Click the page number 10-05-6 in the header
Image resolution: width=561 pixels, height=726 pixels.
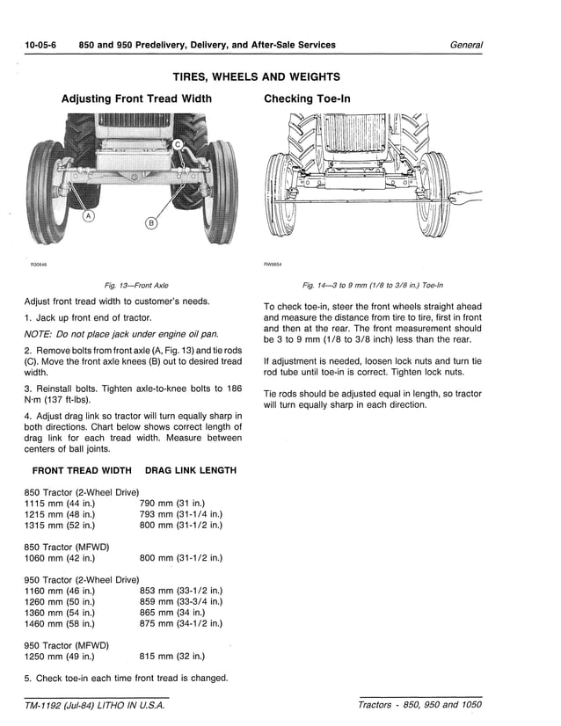click(x=40, y=45)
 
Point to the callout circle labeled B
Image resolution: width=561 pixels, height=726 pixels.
click(x=150, y=223)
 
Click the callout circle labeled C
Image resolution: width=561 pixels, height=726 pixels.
click(x=176, y=143)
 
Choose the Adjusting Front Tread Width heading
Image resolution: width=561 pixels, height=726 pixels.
click(x=136, y=98)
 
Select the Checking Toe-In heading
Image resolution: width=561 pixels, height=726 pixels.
click(x=307, y=98)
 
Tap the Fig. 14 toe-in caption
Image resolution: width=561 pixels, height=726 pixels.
click(x=373, y=285)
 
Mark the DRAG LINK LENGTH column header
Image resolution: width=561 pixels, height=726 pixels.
click(x=190, y=470)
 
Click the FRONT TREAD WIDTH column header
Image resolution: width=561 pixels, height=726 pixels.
click(x=82, y=470)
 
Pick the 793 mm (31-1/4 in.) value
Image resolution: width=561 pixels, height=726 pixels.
click(x=181, y=513)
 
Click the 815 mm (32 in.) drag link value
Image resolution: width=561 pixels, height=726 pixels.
click(x=172, y=656)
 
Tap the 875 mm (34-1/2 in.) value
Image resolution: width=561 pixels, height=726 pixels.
click(x=181, y=623)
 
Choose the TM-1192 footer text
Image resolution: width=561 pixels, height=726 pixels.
click(x=94, y=705)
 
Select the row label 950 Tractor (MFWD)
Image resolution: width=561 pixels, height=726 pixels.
click(x=67, y=645)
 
